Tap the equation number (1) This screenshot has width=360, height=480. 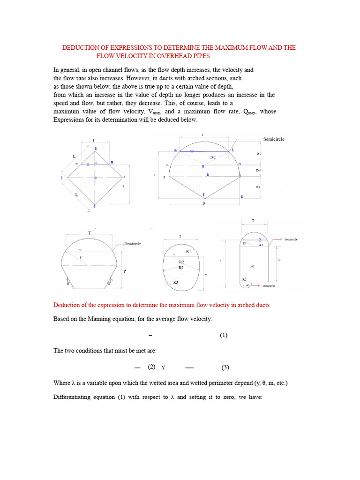pos(223,335)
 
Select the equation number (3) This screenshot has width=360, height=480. pos(225,367)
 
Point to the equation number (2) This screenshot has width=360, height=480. pos(151,367)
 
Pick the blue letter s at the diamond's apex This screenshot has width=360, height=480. pos(96,148)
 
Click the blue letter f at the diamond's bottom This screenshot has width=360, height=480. pos(95,206)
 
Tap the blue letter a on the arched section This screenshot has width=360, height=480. pos(175,150)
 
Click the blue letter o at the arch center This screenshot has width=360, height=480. pos(202,166)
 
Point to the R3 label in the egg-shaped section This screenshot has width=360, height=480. pos(176,282)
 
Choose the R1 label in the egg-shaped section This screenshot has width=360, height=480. pos(188,252)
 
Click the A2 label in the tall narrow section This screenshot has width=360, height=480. pos(252,266)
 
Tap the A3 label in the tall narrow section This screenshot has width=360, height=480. pos(261,245)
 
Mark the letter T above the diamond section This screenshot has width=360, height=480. pos(93,140)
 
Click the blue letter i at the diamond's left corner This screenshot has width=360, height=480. pos(62,178)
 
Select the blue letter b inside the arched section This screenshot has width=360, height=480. pos(208,174)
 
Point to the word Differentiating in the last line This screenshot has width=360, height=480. pos(73,397)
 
